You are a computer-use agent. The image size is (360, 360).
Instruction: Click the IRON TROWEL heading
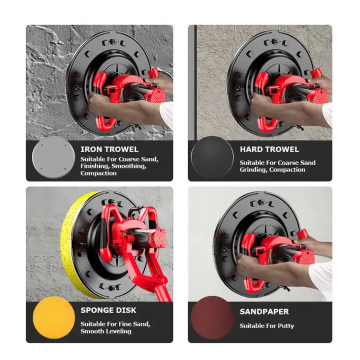[x=109, y=149]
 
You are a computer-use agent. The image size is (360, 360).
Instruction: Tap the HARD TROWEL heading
[x=269, y=149]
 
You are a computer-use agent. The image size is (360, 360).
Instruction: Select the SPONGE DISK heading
[x=109, y=310]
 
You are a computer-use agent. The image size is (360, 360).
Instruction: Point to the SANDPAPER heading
[x=264, y=312]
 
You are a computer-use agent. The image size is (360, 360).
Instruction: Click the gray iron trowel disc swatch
[x=53, y=157]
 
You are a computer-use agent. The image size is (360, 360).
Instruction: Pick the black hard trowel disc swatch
[x=212, y=157]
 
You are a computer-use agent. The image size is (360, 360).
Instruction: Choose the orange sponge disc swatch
[x=54, y=317]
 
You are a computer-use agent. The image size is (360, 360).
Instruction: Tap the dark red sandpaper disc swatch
[x=212, y=317]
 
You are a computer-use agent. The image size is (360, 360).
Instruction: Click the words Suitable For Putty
[x=267, y=326]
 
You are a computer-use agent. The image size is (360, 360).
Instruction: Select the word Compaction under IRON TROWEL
[x=99, y=173]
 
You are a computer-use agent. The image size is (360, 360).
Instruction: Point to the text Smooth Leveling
[x=106, y=331]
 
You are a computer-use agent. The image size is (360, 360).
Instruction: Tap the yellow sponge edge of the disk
[x=71, y=246]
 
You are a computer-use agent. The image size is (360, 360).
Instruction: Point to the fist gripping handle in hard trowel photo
[x=259, y=103]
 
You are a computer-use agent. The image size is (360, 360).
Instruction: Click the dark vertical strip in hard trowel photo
[x=195, y=83]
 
